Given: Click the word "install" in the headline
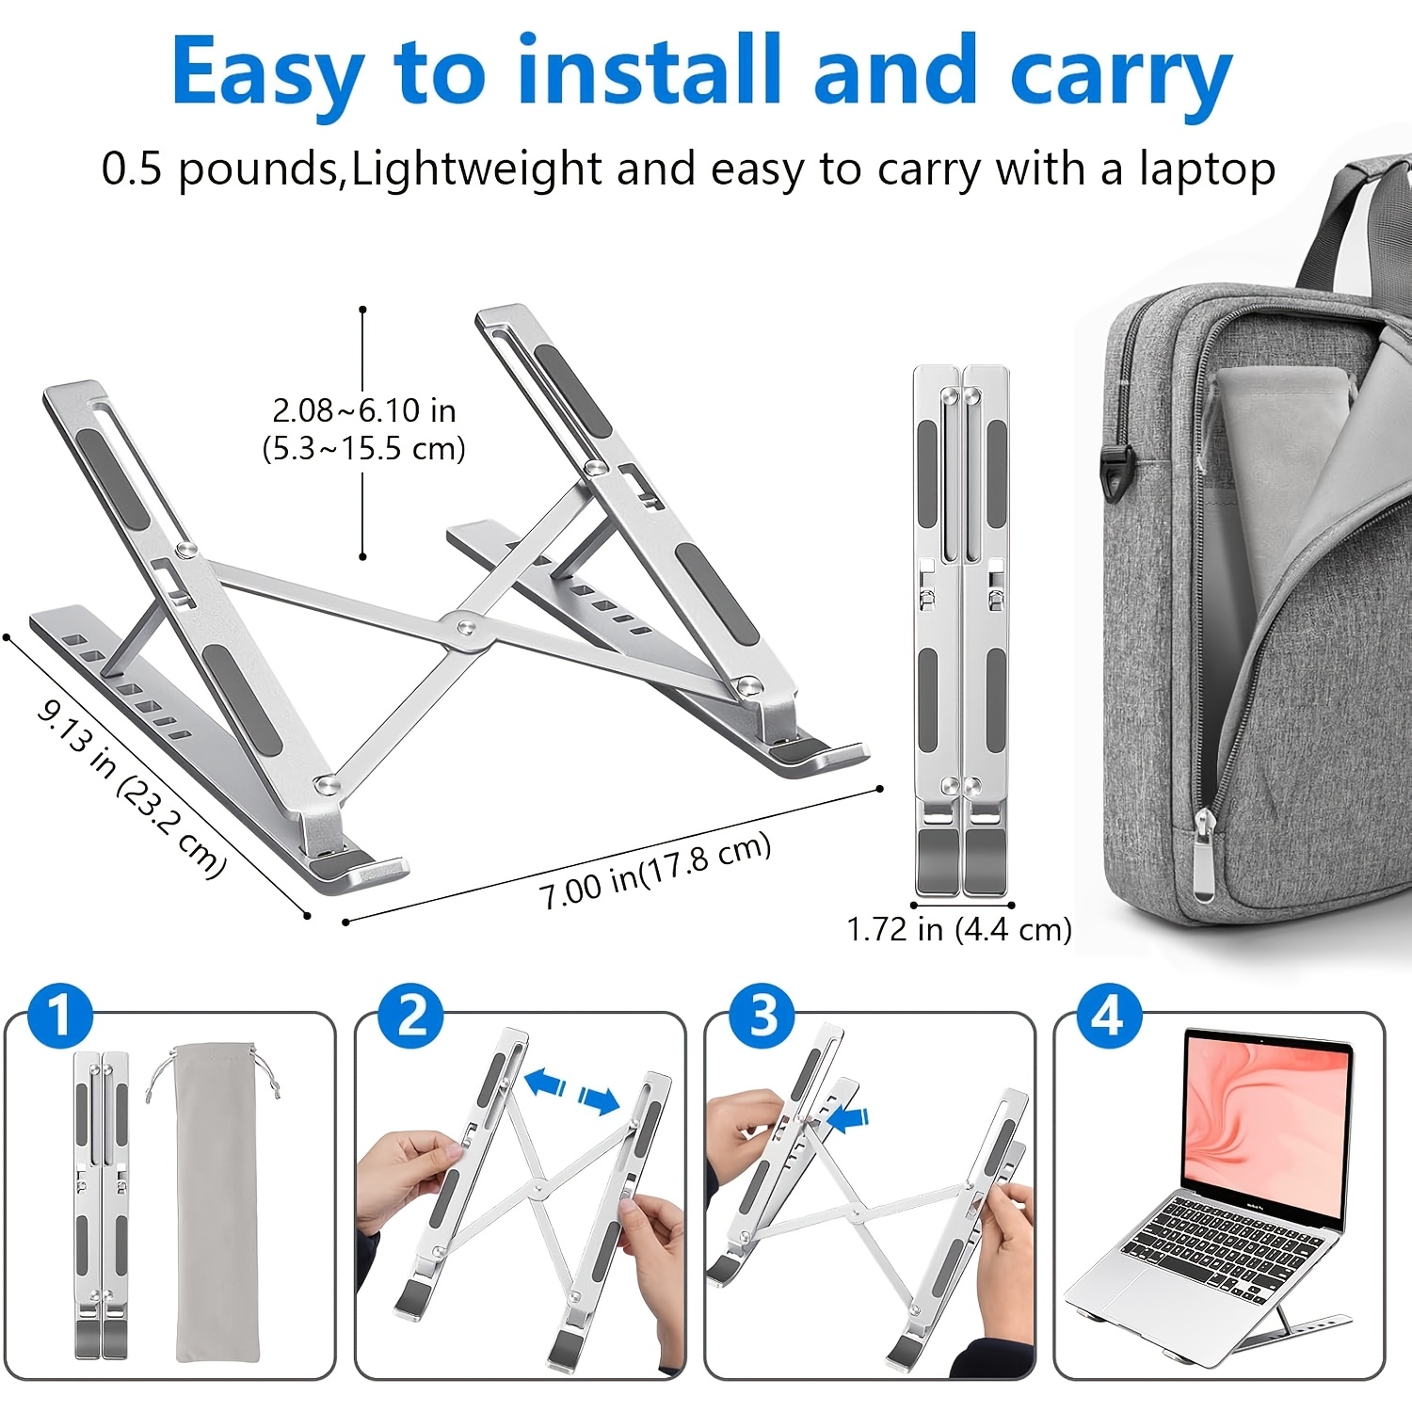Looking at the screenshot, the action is pyautogui.click(x=650, y=71).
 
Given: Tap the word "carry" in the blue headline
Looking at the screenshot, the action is pyautogui.click(x=1121, y=77).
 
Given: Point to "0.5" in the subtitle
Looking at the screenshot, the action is pyautogui.click(x=133, y=169).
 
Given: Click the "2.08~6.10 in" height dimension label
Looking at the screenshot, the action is pyautogui.click(x=364, y=410).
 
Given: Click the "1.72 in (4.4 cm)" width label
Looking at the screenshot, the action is pyautogui.click(x=959, y=930).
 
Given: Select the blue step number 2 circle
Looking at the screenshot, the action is pyautogui.click(x=410, y=1017).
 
